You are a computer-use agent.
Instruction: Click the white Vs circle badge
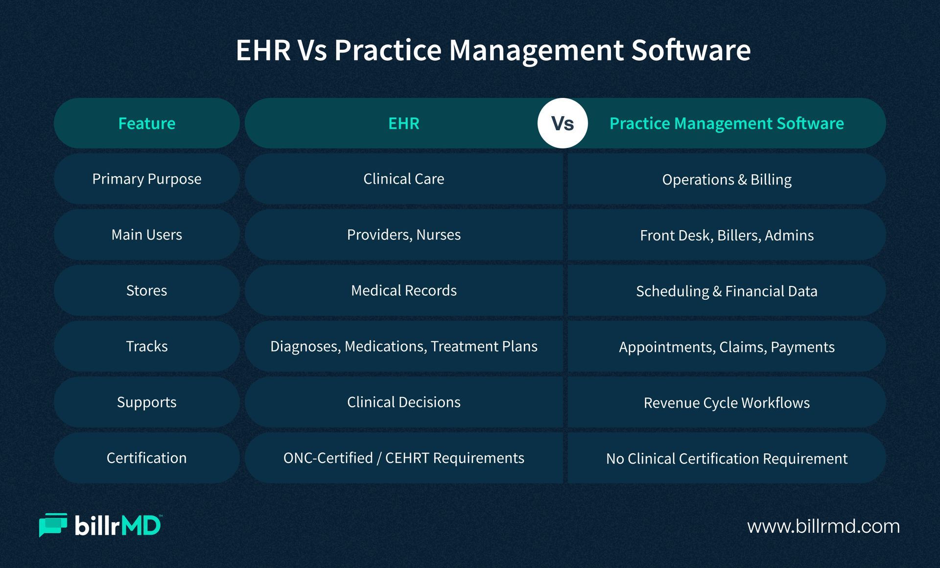(563, 123)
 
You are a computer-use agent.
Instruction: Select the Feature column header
(147, 123)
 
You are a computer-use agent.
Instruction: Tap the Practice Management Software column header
(727, 123)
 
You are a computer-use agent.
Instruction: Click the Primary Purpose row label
(147, 179)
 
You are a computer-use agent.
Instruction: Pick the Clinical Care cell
(404, 179)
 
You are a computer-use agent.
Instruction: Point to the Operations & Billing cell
(727, 179)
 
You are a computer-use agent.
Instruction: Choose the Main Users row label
(147, 235)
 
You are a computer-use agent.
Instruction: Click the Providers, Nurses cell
(404, 235)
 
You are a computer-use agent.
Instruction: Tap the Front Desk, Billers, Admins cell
(727, 235)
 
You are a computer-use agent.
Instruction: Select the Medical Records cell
(404, 291)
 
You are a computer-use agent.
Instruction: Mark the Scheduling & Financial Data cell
(727, 291)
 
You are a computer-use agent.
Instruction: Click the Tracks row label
(147, 347)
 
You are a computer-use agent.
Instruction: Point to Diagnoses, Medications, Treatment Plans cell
(404, 347)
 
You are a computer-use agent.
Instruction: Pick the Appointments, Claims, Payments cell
(727, 347)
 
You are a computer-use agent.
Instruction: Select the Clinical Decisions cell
(404, 402)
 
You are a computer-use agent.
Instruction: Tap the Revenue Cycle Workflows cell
(727, 402)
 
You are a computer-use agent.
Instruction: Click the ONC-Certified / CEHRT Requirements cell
(404, 458)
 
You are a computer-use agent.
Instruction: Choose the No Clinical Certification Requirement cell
(727, 458)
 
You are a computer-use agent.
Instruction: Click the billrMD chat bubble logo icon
(53, 525)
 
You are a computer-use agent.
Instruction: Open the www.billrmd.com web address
(823, 526)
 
